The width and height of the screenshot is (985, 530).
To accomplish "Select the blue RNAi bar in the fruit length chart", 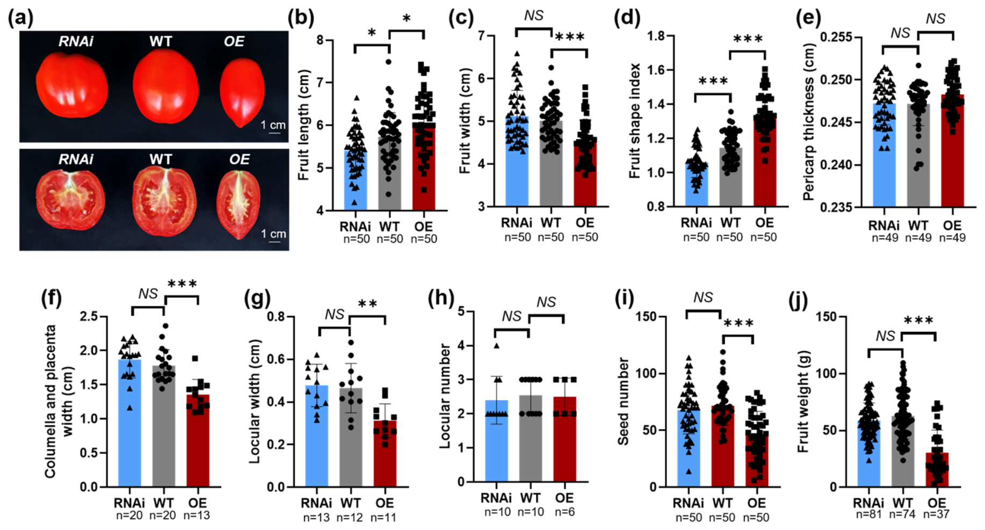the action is pyautogui.click(x=356, y=180).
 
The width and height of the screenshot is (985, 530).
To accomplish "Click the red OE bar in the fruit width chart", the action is pyautogui.click(x=584, y=173).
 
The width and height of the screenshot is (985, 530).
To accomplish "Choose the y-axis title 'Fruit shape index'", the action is pyautogui.click(x=635, y=121).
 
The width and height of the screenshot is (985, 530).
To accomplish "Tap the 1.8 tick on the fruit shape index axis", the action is pyautogui.click(x=657, y=36).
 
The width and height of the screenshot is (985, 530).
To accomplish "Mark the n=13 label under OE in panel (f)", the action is pyautogui.click(x=197, y=516).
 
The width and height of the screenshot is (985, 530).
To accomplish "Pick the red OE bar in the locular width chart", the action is pyautogui.click(x=385, y=454).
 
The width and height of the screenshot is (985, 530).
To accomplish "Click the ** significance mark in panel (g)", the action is pyautogui.click(x=367, y=304).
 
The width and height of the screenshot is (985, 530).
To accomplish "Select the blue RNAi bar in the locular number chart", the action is pyautogui.click(x=496, y=441).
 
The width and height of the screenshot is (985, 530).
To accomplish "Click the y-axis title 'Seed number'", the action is pyautogui.click(x=623, y=402).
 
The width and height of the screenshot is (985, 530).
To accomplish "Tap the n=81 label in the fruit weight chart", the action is pyautogui.click(x=868, y=514).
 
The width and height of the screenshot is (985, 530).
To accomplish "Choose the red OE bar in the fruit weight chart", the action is pyautogui.click(x=937, y=470).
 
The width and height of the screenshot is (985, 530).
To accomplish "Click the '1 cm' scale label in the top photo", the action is pyautogui.click(x=273, y=126).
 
